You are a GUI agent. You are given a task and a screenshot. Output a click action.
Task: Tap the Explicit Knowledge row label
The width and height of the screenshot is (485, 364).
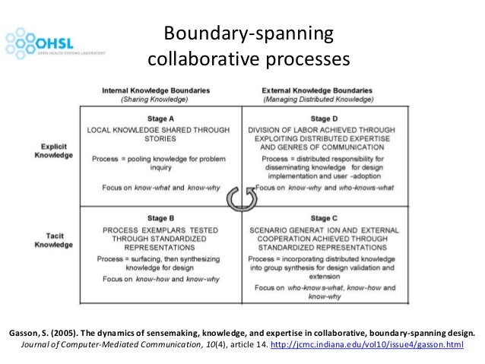click(x=53, y=150)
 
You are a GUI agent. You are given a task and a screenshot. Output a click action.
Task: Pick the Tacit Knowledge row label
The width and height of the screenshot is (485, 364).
click(x=53, y=240)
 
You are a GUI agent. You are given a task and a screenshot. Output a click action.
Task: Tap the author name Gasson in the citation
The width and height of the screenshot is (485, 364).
click(x=24, y=333)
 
